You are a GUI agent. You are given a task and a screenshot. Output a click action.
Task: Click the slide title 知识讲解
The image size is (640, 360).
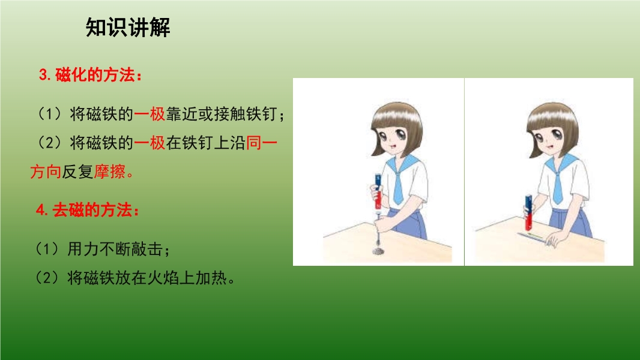(x=128, y=28)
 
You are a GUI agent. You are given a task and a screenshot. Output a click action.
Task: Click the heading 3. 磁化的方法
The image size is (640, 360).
(x=90, y=75)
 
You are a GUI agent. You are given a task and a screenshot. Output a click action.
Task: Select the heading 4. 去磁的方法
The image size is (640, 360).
(x=87, y=210)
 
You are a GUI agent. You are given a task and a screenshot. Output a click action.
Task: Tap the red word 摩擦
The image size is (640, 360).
(x=110, y=172)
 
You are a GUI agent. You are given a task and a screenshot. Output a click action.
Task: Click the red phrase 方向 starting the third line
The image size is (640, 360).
(x=46, y=172)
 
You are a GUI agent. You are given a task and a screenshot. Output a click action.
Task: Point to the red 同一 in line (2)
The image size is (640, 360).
(x=262, y=143)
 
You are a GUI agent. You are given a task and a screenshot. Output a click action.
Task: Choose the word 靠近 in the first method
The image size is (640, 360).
(x=182, y=114)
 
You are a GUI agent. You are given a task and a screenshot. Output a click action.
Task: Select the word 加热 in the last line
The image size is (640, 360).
(x=211, y=278)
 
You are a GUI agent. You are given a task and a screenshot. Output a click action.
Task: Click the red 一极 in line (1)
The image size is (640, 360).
(x=149, y=114)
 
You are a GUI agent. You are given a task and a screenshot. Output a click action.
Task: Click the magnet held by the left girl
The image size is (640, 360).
(x=378, y=191)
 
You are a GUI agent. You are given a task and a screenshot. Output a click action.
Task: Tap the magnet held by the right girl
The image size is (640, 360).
(x=528, y=212)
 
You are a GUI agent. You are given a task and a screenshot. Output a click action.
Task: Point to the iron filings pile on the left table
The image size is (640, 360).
(x=379, y=250)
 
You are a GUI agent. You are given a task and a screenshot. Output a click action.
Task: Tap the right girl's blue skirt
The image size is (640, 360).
(x=572, y=223)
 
